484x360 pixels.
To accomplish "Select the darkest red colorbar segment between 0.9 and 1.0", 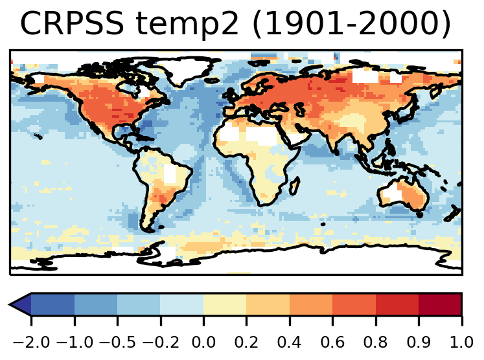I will tap(440, 304).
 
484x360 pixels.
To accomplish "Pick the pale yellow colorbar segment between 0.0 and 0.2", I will tap(225, 304).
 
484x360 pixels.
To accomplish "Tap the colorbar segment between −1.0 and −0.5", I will tap(96, 304).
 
